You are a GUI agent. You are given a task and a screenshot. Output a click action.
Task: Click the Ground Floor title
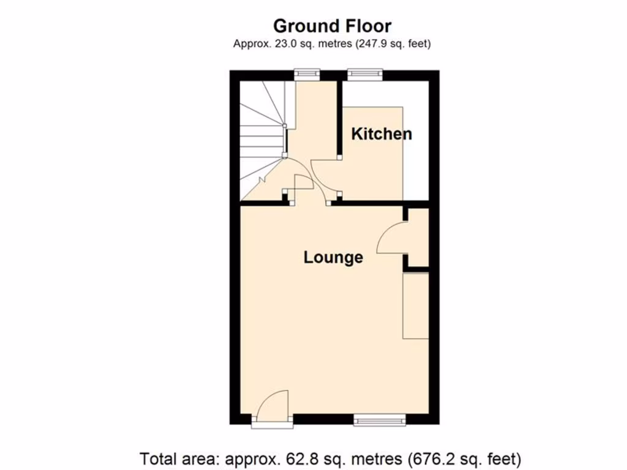coord(332,26)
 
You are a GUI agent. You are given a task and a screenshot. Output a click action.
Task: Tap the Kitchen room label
coord(381,134)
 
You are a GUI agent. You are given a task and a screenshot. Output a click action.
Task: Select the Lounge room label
coord(333,257)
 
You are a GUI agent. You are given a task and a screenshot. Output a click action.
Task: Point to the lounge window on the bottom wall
coord(380,420)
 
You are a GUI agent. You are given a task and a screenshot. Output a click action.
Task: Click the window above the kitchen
coord(365,75)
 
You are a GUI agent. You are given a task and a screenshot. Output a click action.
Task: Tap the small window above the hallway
coord(307,75)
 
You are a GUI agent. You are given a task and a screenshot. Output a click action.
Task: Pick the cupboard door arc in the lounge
coord(391,239)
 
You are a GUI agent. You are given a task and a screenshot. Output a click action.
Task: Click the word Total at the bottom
coord(160,458)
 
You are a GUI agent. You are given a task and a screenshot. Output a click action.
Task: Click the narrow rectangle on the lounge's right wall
coord(415,306)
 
